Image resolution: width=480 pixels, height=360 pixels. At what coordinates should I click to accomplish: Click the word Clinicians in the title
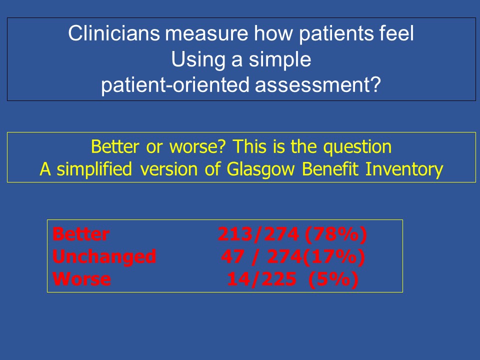click(114, 33)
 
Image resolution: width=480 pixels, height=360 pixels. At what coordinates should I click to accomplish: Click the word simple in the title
click(280, 60)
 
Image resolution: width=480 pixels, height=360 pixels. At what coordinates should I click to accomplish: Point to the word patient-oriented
click(175, 85)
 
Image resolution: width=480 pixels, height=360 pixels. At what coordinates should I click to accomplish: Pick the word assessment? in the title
click(318, 85)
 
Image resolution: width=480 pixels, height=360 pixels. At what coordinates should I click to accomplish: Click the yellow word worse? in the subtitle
click(198, 146)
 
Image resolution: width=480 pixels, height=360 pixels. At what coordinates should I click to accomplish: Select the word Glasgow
click(261, 170)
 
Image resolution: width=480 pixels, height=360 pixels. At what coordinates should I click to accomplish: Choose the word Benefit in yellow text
click(330, 169)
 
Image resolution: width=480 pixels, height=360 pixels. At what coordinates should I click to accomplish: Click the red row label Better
click(81, 234)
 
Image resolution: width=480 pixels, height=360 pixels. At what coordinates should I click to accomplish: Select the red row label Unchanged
click(104, 256)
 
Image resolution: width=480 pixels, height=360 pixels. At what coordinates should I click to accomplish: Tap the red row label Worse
click(81, 279)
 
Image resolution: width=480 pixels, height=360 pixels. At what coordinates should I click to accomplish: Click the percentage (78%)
click(336, 234)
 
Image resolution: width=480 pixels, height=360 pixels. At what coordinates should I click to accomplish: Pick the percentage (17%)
click(333, 257)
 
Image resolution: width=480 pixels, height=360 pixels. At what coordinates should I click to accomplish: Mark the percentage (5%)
click(333, 279)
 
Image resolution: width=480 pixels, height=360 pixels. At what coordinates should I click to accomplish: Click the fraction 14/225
click(261, 279)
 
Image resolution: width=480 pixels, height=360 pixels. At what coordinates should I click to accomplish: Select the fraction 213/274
click(258, 234)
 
